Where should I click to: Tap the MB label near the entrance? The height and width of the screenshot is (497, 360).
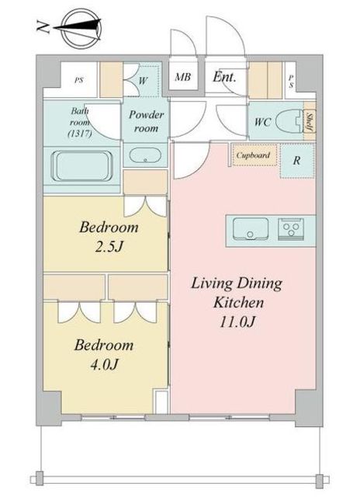point(182,77)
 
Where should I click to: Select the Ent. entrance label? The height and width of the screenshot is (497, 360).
point(225,77)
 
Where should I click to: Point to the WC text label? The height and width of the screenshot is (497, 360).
point(261,122)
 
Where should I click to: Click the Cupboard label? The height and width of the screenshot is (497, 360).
point(253,155)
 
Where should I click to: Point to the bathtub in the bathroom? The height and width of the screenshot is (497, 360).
point(82,165)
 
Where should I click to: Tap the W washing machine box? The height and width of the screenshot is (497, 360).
point(144,79)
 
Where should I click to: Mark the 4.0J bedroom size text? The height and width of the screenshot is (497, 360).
point(103,363)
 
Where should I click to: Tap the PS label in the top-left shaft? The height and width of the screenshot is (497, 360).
point(78,79)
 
